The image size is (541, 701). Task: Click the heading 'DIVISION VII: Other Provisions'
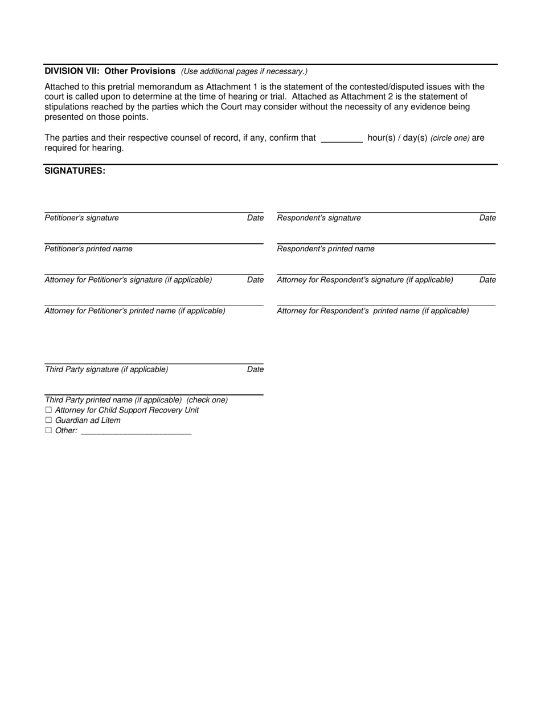point(110,71)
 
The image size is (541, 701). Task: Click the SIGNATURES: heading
point(75,171)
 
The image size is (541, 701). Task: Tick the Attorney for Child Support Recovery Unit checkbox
point(48,410)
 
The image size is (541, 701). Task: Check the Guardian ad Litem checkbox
point(48,421)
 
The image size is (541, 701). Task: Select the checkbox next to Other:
point(48,431)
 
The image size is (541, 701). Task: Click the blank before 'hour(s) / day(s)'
point(342,138)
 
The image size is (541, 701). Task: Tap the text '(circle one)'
point(450,138)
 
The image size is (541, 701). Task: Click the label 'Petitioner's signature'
point(82,218)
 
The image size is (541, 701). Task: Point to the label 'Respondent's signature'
point(319,218)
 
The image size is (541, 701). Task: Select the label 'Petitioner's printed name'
point(89,249)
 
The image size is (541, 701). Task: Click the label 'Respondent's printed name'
point(326,249)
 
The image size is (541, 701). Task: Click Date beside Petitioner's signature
point(255,218)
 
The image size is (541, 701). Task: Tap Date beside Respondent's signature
point(487,218)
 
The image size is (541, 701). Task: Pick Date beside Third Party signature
point(255,369)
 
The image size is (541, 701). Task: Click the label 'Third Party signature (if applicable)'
point(106,369)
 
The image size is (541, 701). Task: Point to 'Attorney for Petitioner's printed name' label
point(135,311)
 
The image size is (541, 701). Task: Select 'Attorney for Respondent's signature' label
point(365,280)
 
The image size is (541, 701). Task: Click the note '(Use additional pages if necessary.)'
point(244,71)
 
